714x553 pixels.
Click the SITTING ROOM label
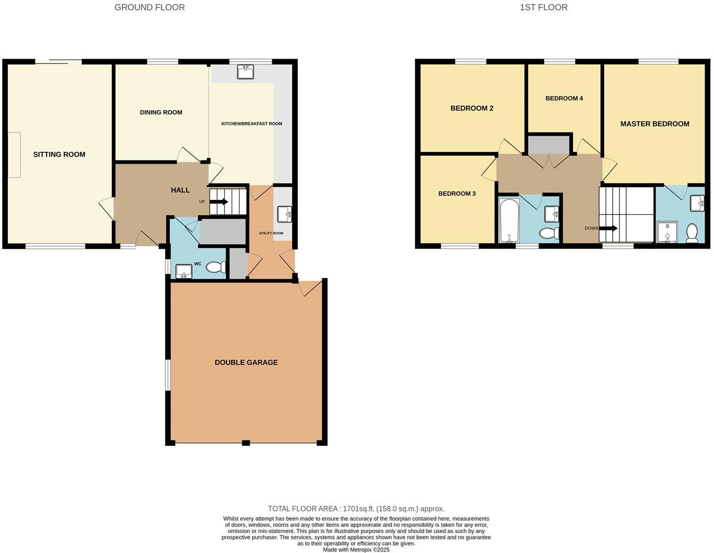pyautogui.click(x=59, y=155)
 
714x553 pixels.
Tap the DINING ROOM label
pyautogui.click(x=161, y=112)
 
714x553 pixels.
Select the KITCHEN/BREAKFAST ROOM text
pyautogui.click(x=251, y=123)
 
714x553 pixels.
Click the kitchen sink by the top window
pyautogui.click(x=245, y=72)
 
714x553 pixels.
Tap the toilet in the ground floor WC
pyautogui.click(x=215, y=268)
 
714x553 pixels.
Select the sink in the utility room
pyautogui.click(x=284, y=214)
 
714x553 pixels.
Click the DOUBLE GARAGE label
pyautogui.click(x=246, y=363)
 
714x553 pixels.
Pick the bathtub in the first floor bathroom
pyautogui.click(x=509, y=221)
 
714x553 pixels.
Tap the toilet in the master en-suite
pyautogui.click(x=692, y=232)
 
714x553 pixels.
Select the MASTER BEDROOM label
pyautogui.click(x=654, y=124)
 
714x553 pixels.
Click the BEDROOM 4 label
pyautogui.click(x=564, y=98)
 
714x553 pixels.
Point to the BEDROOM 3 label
pyautogui.click(x=456, y=194)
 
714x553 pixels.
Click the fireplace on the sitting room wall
pyautogui.click(x=14, y=155)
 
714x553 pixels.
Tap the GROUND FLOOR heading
pyautogui.click(x=149, y=7)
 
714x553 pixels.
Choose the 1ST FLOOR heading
pyautogui.click(x=544, y=7)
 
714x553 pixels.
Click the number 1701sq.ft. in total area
pyautogui.click(x=358, y=509)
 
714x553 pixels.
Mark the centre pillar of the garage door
pyautogui.click(x=246, y=443)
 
